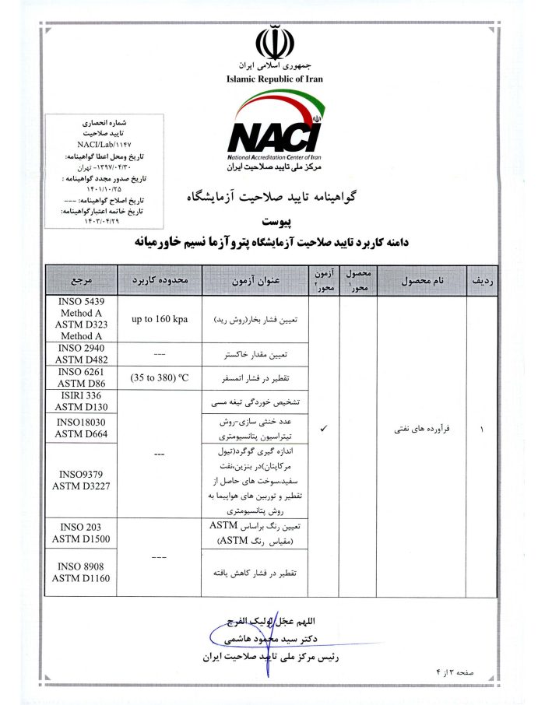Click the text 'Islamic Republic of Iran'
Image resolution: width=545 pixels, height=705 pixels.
274,79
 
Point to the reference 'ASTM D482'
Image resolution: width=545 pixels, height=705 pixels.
82,359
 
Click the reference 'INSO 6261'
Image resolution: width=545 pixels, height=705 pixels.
82,372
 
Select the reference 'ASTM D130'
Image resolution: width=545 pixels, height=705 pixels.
82,406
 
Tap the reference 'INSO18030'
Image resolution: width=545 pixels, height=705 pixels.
82,423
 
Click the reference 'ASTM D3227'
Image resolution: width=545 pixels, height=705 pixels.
82,488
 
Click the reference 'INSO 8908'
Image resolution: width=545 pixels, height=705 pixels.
82,566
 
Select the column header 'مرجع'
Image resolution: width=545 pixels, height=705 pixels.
82,279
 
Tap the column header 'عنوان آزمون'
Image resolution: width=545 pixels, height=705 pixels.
256,279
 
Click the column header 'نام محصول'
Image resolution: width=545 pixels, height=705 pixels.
420,279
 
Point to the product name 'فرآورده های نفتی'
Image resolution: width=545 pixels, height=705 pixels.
420,430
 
